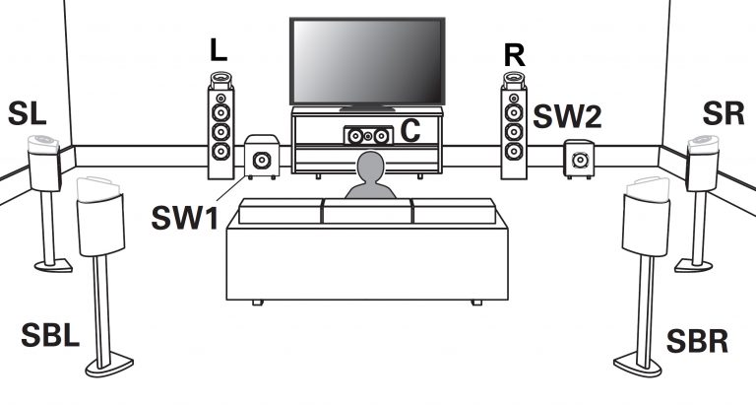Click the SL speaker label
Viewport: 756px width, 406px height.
click(28, 113)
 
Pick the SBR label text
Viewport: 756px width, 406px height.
click(696, 342)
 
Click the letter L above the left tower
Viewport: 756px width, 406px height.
click(220, 48)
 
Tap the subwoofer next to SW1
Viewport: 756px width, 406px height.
click(261, 160)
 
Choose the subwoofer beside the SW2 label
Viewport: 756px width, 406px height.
click(577, 159)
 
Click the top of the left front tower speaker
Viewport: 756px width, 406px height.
click(220, 81)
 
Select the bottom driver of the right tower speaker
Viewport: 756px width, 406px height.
click(513, 152)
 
